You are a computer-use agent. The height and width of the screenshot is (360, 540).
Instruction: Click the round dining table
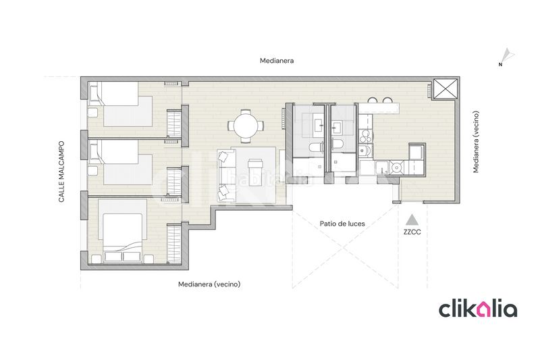[x=246, y=126]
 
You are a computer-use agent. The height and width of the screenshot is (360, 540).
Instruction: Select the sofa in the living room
[x=225, y=176]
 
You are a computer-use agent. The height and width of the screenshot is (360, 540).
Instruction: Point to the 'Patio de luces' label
[x=342, y=224]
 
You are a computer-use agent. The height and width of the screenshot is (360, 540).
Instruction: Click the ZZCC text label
[x=412, y=232]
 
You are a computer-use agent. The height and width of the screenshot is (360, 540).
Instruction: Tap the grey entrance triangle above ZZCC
[x=412, y=220]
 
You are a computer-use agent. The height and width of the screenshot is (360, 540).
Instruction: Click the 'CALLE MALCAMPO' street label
[x=61, y=172]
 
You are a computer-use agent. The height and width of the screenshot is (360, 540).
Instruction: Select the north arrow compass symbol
[x=506, y=57]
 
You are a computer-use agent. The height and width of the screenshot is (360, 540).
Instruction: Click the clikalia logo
[x=478, y=308]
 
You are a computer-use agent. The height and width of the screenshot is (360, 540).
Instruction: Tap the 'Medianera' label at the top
[x=277, y=61]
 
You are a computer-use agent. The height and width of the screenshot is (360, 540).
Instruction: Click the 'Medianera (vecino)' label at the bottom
[x=209, y=284]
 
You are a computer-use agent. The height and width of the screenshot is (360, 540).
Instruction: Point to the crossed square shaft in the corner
[x=446, y=88]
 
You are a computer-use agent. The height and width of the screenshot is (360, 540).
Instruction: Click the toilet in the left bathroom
[x=315, y=148]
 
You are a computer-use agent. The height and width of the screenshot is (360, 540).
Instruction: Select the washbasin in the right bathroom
[x=337, y=127]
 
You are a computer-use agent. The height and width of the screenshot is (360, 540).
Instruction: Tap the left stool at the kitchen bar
[x=373, y=100]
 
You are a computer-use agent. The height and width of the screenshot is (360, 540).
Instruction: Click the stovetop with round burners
[x=364, y=135]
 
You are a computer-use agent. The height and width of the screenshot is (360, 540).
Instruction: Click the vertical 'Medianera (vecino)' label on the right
[x=476, y=142]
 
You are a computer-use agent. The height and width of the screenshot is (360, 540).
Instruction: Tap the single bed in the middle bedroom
[x=121, y=162]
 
